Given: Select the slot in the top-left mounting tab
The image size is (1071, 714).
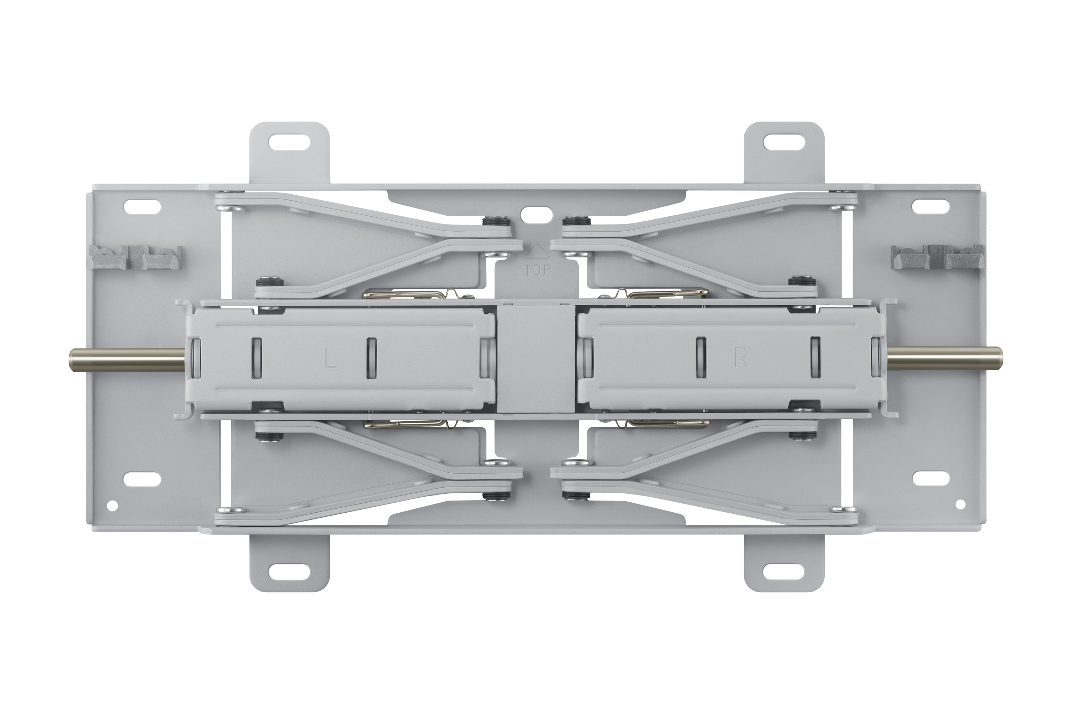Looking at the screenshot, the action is click(290, 142).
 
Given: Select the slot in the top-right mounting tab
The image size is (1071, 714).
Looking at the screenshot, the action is click(784, 142).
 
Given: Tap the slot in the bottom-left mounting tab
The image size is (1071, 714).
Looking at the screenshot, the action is click(290, 570).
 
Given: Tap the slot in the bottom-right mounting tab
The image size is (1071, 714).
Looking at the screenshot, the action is click(784, 570).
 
